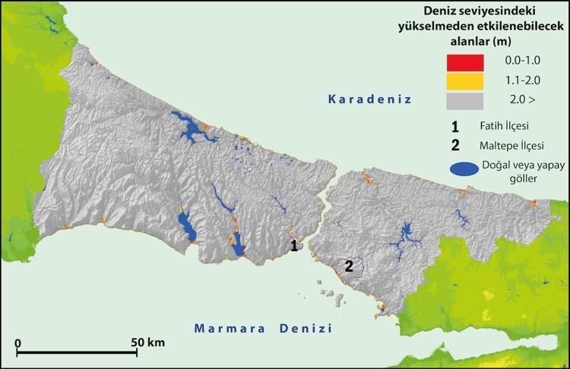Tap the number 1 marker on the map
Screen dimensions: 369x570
click(292, 245)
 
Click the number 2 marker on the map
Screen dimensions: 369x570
click(349, 266)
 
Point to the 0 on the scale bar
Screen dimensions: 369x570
click(17, 342)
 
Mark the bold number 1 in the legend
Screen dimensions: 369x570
click(454, 125)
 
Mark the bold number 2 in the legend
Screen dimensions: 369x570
click(454, 143)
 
